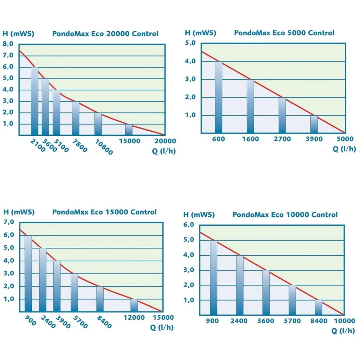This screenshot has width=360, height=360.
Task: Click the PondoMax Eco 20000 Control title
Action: point(105,34)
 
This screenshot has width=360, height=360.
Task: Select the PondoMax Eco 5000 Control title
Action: point(284,33)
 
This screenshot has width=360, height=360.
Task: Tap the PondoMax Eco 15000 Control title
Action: point(104,212)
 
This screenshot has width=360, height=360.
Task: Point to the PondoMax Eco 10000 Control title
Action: point(285,215)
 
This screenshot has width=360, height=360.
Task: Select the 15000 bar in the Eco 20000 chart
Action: point(129,129)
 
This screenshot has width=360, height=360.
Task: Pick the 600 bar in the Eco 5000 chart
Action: point(219,97)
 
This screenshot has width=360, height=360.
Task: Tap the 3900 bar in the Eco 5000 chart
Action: point(314,124)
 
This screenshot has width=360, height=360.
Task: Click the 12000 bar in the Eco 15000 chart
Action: point(134,305)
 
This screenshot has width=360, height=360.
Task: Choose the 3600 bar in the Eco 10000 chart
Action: point(266,293)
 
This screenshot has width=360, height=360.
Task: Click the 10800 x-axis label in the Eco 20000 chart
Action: point(104,147)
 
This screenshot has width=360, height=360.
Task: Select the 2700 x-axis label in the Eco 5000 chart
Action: point(282,139)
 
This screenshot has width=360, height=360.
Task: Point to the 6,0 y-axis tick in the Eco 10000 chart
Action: point(189,225)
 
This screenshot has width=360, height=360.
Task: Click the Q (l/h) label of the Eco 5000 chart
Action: point(344,149)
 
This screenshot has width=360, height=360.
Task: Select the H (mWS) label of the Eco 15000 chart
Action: point(19,212)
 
